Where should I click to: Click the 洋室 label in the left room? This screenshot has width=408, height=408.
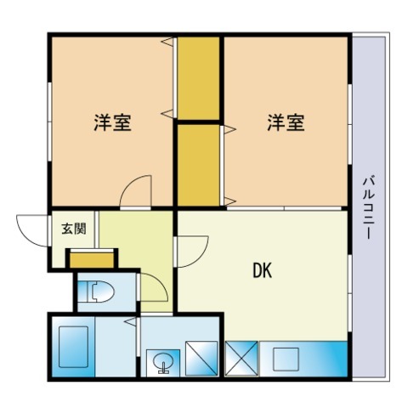[x=112, y=122]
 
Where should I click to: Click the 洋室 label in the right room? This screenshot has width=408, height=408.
[x=286, y=122]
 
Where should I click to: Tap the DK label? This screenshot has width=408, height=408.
[x=263, y=270]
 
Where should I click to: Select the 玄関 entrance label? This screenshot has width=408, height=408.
[x=74, y=229]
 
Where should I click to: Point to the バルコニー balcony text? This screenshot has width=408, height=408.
[x=369, y=207]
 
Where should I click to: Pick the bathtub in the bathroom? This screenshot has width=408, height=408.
[x=73, y=347]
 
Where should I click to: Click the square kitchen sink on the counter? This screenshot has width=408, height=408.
[x=286, y=360]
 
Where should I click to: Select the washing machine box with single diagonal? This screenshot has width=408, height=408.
[x=201, y=359]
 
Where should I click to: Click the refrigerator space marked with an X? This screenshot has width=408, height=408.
[x=241, y=359]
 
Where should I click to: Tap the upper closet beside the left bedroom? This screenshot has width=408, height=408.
[x=198, y=78]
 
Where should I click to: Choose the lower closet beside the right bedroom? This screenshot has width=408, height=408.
[x=198, y=165]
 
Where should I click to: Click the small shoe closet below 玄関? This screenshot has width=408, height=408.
[x=92, y=260]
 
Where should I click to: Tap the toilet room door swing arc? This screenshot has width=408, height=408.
[x=161, y=281]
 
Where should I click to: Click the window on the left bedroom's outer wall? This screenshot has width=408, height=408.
[x=49, y=122]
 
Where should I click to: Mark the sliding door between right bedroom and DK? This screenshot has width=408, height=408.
[x=284, y=208]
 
